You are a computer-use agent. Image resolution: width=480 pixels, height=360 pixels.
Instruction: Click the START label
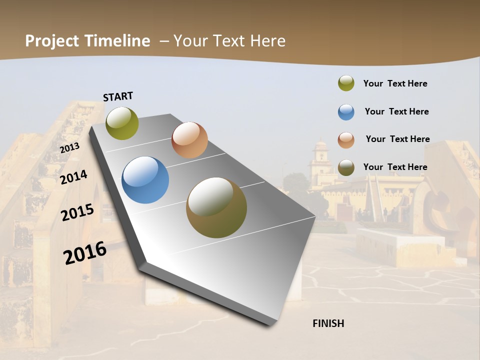[x=118, y=96]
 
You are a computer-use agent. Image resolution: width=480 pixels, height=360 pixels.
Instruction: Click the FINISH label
[x=328, y=323]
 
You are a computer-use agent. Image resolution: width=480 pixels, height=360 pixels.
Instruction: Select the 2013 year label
[x=69, y=148]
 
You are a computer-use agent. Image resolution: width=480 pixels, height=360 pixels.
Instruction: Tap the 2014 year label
[x=74, y=177]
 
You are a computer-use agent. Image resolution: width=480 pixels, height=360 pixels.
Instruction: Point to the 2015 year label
[x=77, y=212]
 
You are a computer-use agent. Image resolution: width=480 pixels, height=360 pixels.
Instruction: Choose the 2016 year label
[x=85, y=253]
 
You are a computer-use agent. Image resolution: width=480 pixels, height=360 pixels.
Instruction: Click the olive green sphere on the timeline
[x=122, y=123]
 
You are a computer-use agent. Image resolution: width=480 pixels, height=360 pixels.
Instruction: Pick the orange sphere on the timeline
[x=189, y=140]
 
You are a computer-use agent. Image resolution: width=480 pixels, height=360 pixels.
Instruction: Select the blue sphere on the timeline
[x=145, y=180]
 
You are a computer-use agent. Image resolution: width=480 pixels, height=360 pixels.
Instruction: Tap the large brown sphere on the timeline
[x=216, y=207]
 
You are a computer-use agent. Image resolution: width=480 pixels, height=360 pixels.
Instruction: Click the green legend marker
[x=346, y=83]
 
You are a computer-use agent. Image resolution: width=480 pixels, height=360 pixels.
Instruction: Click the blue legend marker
[x=346, y=112]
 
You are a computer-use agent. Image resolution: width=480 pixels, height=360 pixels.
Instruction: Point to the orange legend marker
[x=346, y=140]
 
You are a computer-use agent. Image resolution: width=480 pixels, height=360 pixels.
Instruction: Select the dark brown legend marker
[x=346, y=167]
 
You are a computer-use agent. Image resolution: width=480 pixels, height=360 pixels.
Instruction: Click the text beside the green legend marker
[x=395, y=83]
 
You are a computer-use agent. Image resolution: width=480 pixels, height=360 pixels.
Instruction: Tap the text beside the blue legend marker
[x=396, y=111]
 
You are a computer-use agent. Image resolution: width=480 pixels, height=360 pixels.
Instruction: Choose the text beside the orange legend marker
[x=397, y=139]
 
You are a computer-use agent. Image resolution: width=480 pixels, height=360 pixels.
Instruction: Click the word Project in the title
[x=52, y=41]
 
